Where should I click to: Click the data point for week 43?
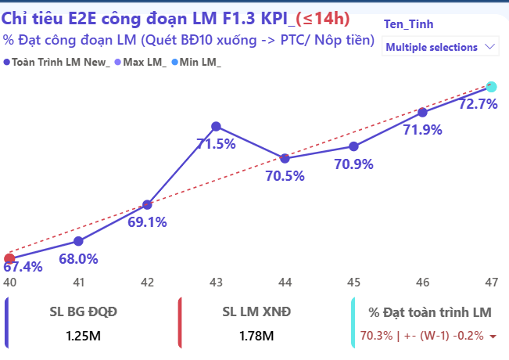[216, 126]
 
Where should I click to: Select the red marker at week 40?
[9, 258]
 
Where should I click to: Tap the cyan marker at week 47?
[491, 87]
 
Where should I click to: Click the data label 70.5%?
[285, 176]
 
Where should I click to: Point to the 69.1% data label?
[147, 222]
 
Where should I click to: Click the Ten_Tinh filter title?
[409, 24]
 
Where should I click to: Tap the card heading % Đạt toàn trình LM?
[431, 312]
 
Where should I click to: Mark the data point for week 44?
[285, 158]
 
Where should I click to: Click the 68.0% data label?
[79, 259]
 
